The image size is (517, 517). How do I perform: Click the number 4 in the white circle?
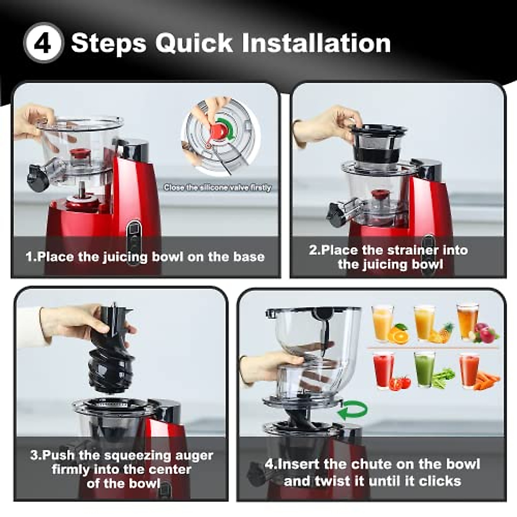[43, 43]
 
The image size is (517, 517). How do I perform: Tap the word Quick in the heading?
[194, 43]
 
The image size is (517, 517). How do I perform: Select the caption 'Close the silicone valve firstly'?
[218, 187]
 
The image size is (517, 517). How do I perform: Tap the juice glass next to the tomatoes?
[383, 369]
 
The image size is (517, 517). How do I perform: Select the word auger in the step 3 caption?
[194, 455]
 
